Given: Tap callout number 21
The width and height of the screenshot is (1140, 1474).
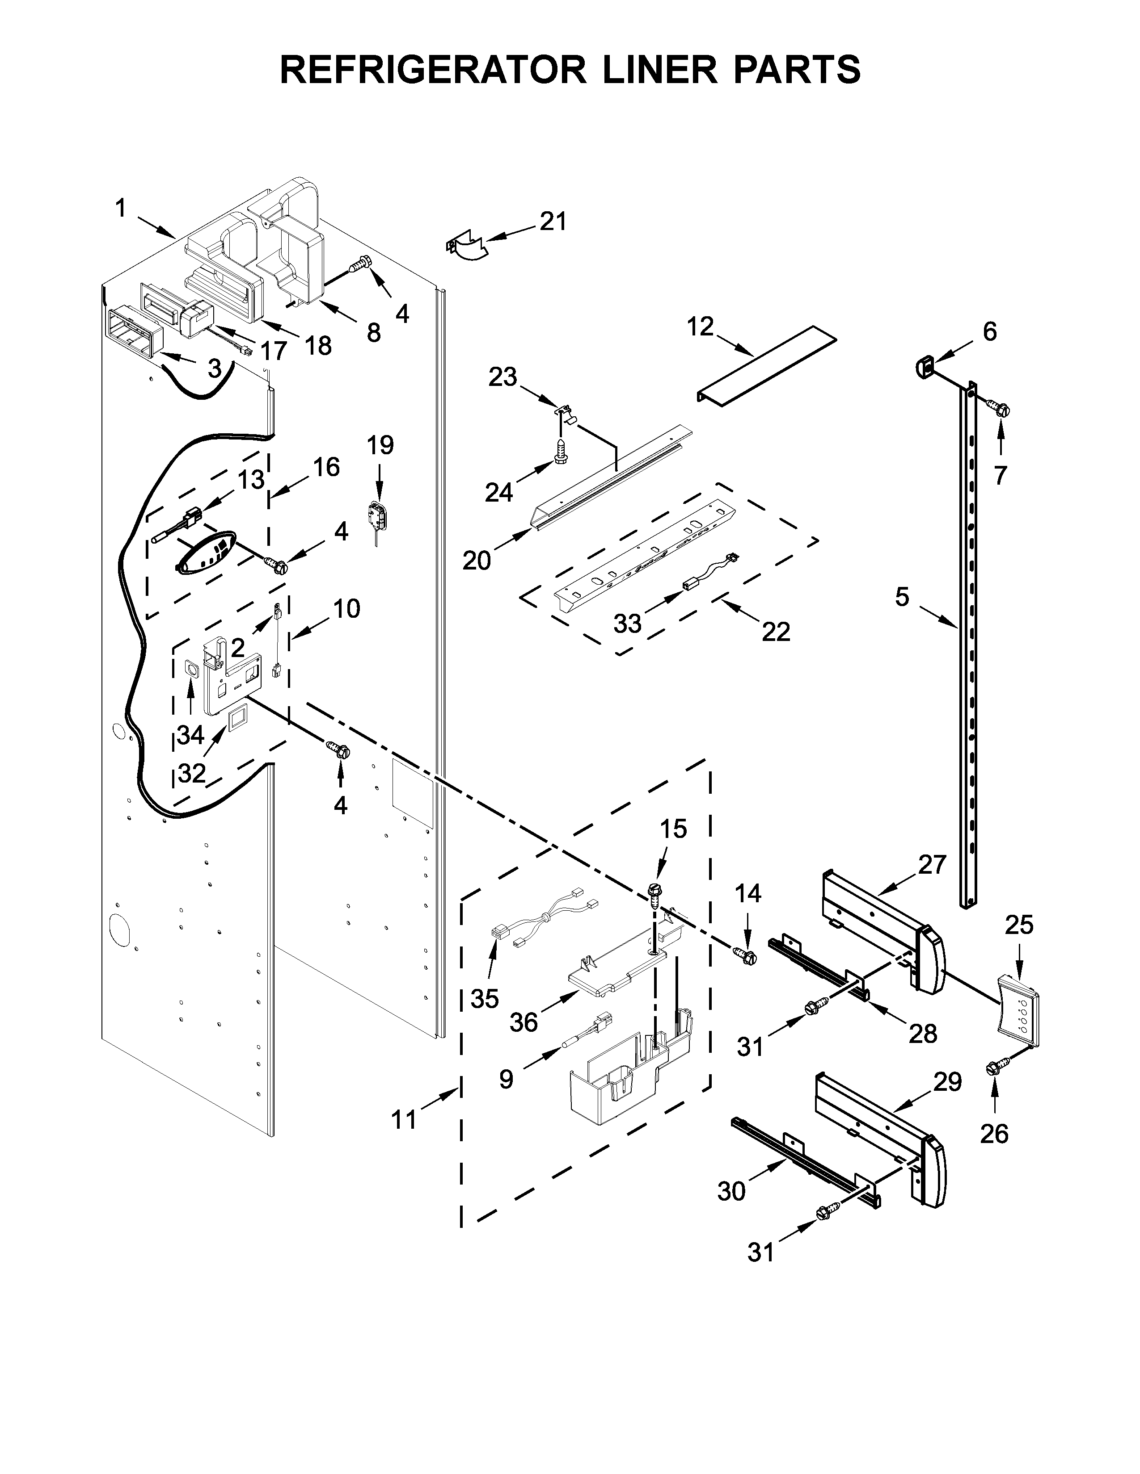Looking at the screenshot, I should [553, 222].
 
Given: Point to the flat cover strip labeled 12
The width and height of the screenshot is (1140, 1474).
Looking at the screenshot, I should [767, 368].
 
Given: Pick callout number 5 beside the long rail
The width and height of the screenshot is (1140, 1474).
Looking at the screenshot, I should [903, 597].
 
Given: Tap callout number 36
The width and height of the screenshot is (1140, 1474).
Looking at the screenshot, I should [524, 1022].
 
